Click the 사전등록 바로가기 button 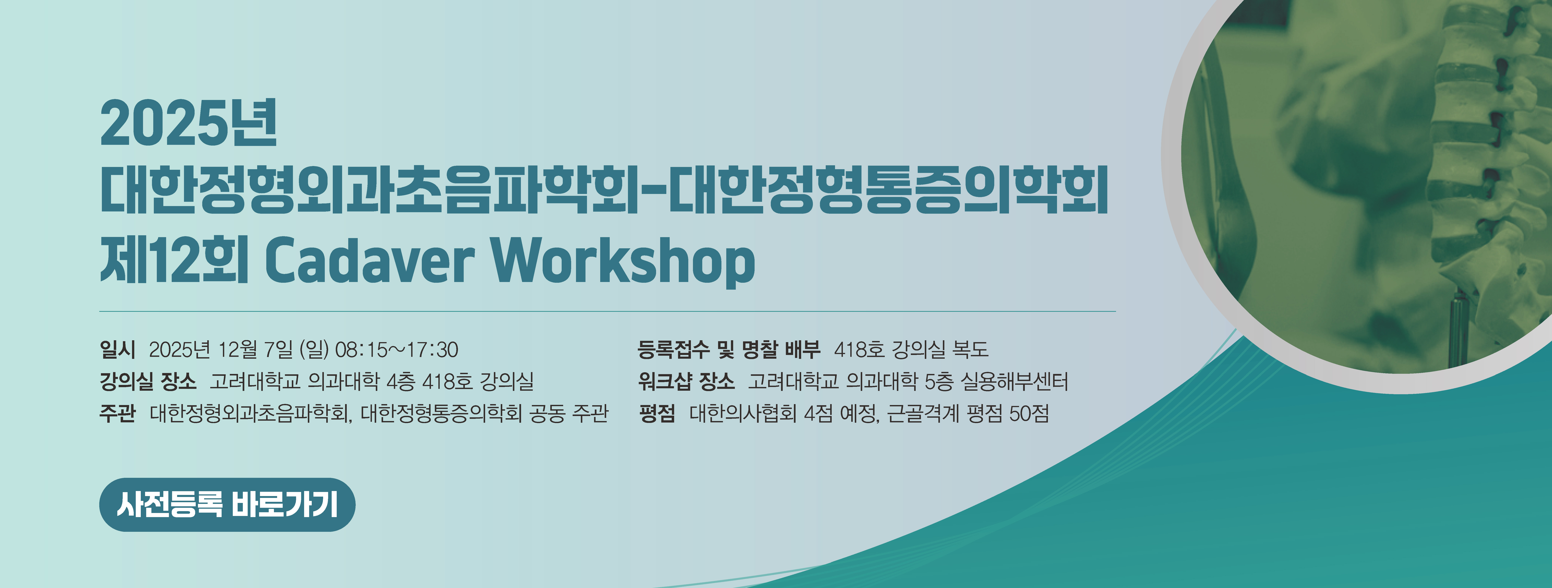227,505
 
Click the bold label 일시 118,349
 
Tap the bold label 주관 118,413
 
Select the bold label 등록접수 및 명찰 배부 729,349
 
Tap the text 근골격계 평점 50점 968,413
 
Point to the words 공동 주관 569,413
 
